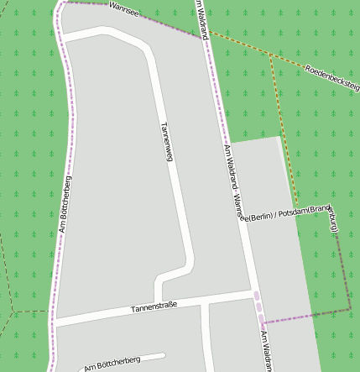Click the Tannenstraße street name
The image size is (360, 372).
coord(154,308)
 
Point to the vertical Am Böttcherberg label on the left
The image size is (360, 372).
coord(65,203)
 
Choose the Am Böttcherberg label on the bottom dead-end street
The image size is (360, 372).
coord(112,362)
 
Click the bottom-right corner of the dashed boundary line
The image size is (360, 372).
coord(350,309)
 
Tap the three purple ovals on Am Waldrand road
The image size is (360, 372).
coord(258,306)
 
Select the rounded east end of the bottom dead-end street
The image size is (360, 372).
coord(163,355)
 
